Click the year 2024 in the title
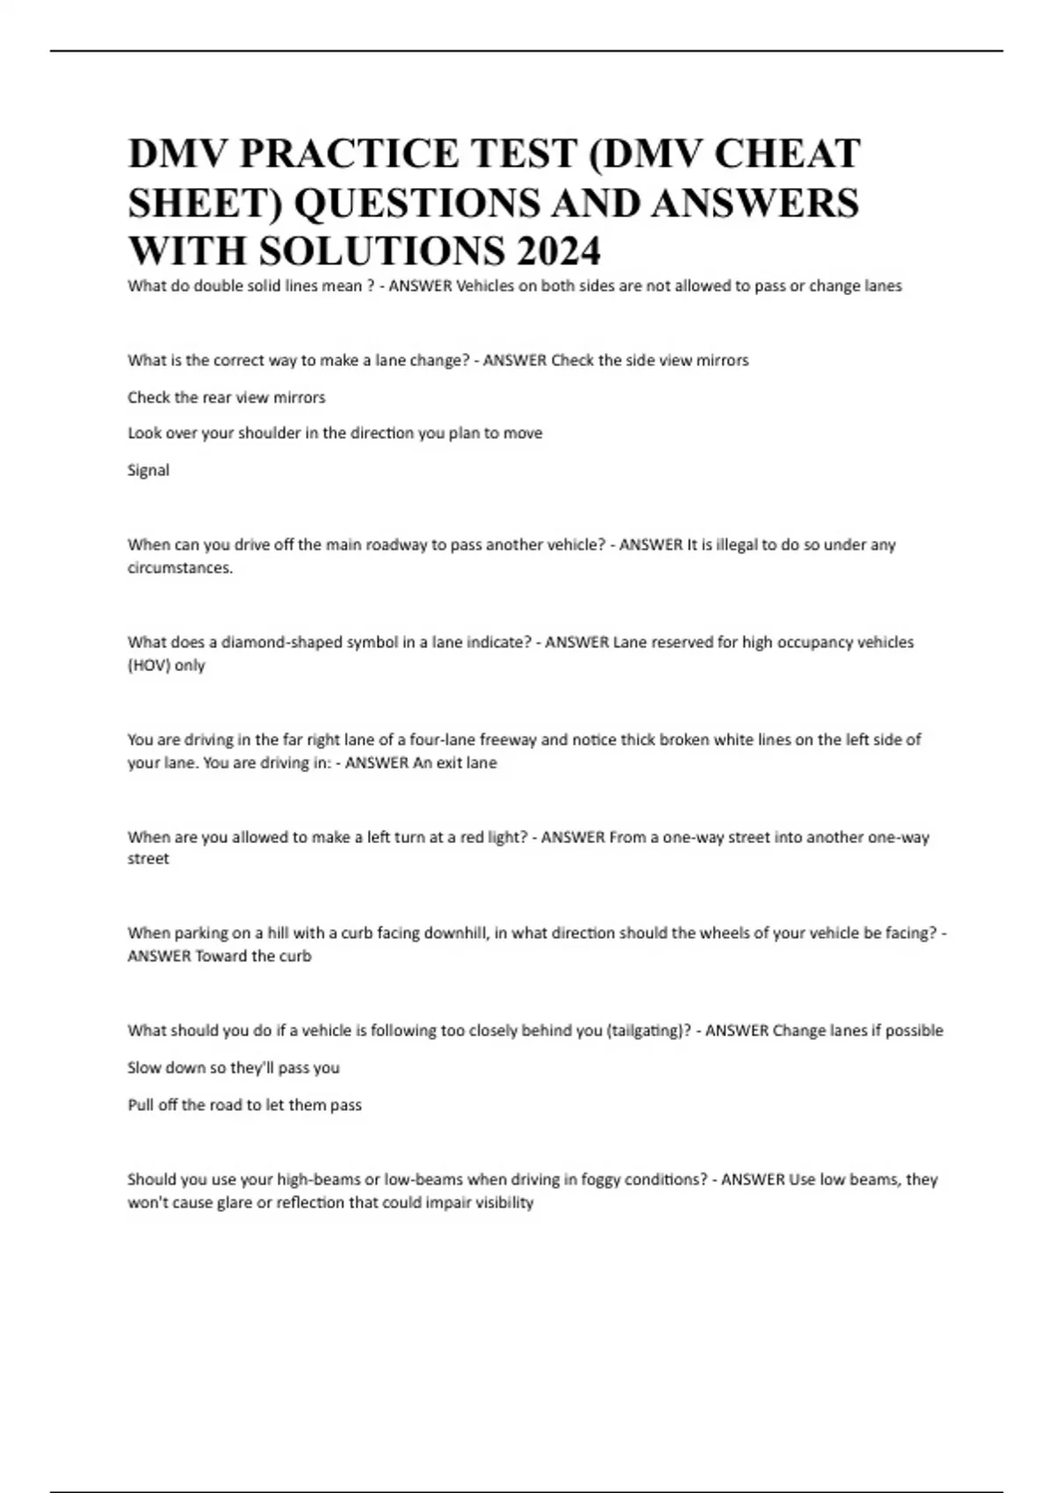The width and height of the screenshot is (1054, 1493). click(559, 251)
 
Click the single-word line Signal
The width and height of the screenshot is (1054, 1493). click(148, 471)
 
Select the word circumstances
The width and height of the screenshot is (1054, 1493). click(180, 567)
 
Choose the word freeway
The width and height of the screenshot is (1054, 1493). click(507, 739)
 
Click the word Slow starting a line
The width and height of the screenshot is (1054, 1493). click(146, 1068)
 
